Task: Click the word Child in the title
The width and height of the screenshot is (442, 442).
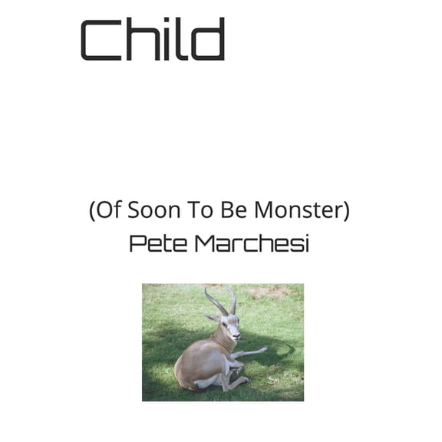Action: (153, 40)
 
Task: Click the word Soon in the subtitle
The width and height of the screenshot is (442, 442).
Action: (150, 210)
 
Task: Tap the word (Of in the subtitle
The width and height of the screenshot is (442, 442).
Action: (104, 210)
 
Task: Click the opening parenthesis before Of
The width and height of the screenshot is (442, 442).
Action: (92, 211)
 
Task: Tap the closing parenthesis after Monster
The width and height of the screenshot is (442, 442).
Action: (346, 211)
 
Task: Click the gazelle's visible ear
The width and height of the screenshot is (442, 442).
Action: (213, 318)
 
